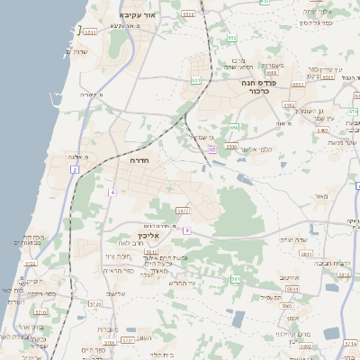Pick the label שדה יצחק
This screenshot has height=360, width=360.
pyautogui.click(x=293, y=239)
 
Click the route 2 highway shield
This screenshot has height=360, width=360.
pyautogui.click(x=73, y=168)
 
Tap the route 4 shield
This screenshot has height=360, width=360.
pyautogui.click(x=112, y=193)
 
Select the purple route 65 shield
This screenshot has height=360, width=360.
pyautogui.click(x=211, y=149)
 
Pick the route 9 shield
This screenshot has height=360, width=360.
pyautogui.click(x=187, y=230)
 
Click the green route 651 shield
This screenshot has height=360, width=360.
pyautogui.click(x=196, y=80)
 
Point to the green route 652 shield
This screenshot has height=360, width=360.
pyautogui.click(x=232, y=38)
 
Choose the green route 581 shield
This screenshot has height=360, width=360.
pyautogui.click(x=235, y=279)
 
